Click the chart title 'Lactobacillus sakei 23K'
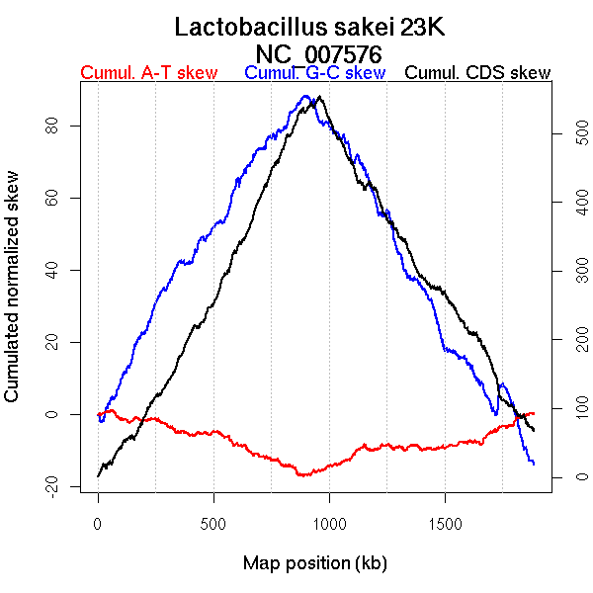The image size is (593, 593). tap(310, 27)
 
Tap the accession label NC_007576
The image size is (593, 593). tap(318, 53)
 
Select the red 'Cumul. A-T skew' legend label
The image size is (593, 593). tap(148, 73)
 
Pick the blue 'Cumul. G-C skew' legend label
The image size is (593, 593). tap(314, 73)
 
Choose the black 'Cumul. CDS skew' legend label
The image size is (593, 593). tap(478, 73)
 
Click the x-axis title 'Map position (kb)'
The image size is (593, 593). tap(314, 563)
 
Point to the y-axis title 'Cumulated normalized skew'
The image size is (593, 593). tap(13, 297)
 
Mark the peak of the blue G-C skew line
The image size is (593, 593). tap(305, 96)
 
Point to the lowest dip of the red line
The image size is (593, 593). tap(302, 475)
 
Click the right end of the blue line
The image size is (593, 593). tap(534, 464)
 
